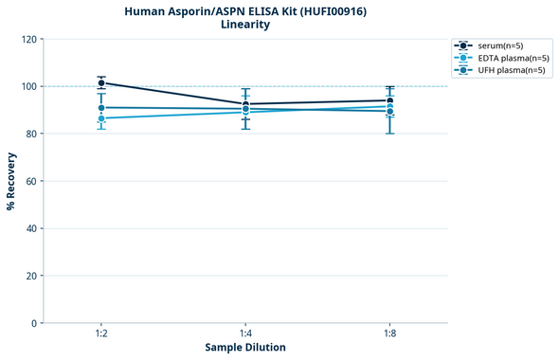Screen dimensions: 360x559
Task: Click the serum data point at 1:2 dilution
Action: (x=101, y=83)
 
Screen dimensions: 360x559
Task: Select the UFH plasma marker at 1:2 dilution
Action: (x=101, y=108)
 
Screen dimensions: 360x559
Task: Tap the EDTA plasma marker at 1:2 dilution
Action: (x=101, y=118)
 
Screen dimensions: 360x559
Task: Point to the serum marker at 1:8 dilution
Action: (x=390, y=100)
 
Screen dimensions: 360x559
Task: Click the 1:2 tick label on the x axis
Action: (x=101, y=334)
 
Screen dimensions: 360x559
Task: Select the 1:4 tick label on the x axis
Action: (x=245, y=334)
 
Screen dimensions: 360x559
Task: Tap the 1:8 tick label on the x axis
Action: (x=390, y=334)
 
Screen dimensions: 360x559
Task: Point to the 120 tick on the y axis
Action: (x=29, y=39)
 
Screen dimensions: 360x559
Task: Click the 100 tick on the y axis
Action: (x=29, y=86)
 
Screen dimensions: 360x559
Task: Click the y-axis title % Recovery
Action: (x=11, y=181)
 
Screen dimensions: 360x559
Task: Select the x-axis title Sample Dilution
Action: (x=245, y=348)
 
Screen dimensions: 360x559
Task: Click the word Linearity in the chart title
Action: (x=245, y=25)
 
